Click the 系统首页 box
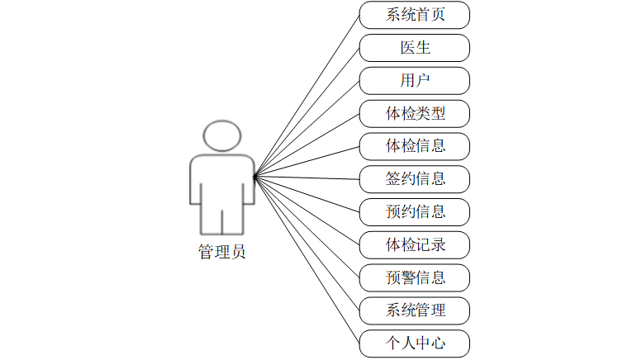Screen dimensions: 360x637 click(415, 15)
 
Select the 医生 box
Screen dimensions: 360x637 click(415, 48)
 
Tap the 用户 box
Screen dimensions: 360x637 click(415, 81)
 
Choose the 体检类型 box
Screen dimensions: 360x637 click(415, 113)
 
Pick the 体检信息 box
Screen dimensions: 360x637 click(415, 146)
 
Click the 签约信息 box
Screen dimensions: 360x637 click(415, 178)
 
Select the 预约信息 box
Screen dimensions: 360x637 click(415, 211)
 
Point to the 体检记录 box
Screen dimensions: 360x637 click(415, 244)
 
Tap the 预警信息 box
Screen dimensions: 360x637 click(415, 277)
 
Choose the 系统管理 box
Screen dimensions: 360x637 click(415, 310)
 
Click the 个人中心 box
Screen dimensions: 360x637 click(415, 343)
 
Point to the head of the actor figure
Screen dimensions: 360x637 click(224, 136)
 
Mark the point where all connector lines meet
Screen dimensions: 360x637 click(254, 175)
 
